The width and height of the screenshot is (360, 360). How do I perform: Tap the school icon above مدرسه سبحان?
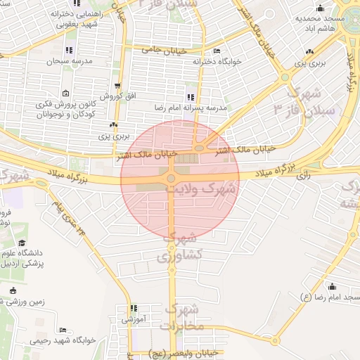68,50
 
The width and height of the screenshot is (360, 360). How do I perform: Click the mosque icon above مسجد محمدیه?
321,8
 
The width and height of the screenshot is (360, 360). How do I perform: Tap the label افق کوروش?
110,95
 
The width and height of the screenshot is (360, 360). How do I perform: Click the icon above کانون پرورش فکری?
65,94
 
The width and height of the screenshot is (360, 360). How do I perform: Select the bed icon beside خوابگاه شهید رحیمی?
63,330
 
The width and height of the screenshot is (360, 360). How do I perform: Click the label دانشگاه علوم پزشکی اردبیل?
34,258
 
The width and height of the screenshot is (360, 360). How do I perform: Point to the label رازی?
304,176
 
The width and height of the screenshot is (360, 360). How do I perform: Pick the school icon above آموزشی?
134,308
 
